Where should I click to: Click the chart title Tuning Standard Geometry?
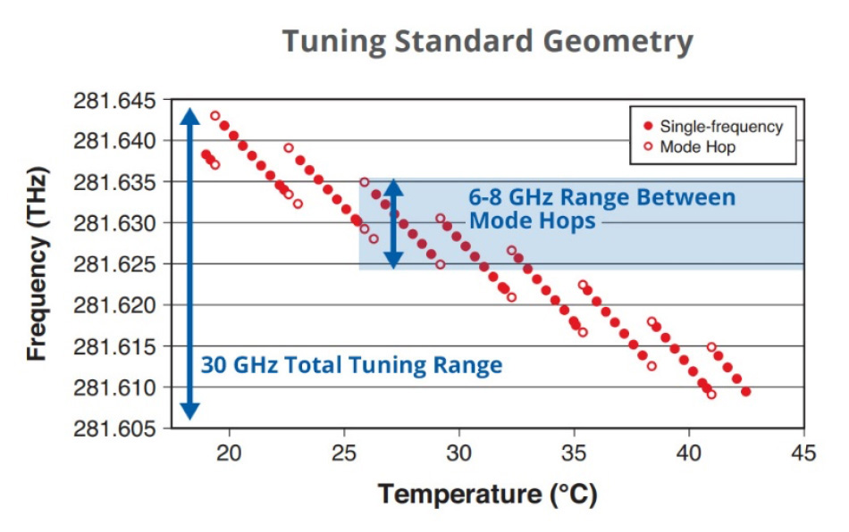pos(487,42)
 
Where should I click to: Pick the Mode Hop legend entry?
pos(697,147)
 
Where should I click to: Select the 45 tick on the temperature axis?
pos(803,453)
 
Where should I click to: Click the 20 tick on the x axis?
pos(230,453)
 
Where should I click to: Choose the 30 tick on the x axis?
pos(459,453)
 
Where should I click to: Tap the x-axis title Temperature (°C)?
pos(487,494)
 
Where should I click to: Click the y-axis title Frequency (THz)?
pos(37,264)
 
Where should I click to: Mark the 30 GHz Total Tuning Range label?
pos(350,365)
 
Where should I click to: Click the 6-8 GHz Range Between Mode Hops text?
pos(601,209)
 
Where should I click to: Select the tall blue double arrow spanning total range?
pos(189,264)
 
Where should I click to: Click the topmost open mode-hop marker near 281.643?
pos(214,116)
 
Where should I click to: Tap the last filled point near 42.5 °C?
pos(745,392)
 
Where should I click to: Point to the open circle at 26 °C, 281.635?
pos(364,182)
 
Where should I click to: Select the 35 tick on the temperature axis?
pos(574,453)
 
